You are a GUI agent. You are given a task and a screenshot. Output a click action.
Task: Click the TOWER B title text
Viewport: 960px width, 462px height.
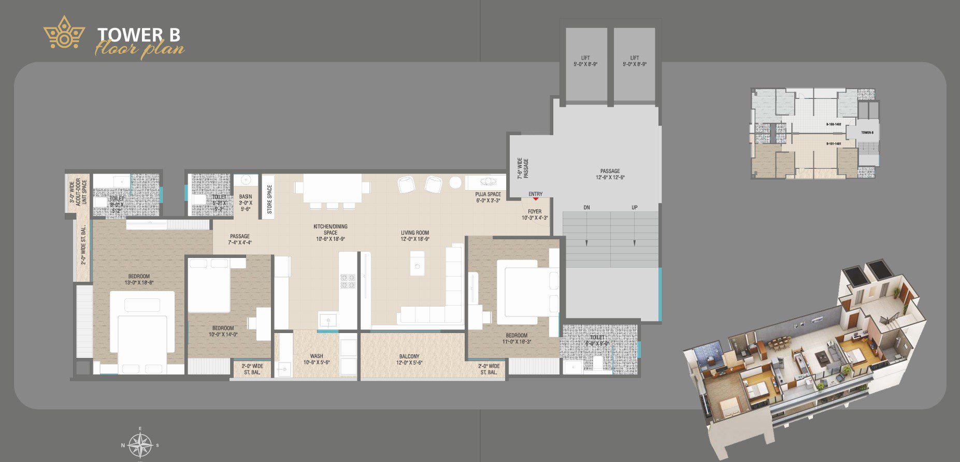pyautogui.click(x=139, y=34)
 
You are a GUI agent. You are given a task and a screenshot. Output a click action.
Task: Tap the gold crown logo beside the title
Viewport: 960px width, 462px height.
pyautogui.click(x=64, y=33)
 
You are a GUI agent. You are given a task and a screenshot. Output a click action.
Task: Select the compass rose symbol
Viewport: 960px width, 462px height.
pyautogui.click(x=140, y=444)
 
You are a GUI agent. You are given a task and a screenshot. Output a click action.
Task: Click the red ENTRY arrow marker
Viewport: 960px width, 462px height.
pyautogui.click(x=536, y=198)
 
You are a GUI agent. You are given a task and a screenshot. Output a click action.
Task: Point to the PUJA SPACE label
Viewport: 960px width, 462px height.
pyautogui.click(x=488, y=197)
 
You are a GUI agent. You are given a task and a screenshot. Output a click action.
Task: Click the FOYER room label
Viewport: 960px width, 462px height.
pyautogui.click(x=535, y=214)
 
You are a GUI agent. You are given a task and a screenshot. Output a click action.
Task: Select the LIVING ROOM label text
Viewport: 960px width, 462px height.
pyautogui.click(x=414, y=236)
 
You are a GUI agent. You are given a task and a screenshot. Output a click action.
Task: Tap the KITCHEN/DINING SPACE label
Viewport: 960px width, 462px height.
pyautogui.click(x=331, y=233)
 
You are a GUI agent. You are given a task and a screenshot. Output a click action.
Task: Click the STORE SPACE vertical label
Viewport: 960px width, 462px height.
pyautogui.click(x=269, y=199)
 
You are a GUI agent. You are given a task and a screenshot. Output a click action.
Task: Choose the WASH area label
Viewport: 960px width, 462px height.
pyautogui.click(x=317, y=359)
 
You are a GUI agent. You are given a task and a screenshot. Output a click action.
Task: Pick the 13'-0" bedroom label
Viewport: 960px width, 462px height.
pyautogui.click(x=139, y=279)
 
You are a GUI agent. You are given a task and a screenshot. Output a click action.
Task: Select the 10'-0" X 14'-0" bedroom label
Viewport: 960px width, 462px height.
pyautogui.click(x=223, y=331)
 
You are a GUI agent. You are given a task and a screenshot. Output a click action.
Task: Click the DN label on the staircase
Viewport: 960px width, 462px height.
pyautogui.click(x=586, y=208)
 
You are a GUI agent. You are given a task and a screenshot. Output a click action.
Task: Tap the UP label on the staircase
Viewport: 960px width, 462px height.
pyautogui.click(x=634, y=208)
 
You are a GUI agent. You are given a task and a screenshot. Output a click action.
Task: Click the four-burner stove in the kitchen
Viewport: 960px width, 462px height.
pyautogui.click(x=347, y=281)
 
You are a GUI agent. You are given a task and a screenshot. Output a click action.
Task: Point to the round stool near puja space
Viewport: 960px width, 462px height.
pyautogui.click(x=455, y=182)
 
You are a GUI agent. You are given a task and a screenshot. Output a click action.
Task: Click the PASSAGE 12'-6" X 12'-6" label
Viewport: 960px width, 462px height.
pyautogui.click(x=610, y=174)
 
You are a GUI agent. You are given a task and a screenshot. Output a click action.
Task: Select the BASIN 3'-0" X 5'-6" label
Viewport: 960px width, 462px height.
pyautogui.click(x=246, y=203)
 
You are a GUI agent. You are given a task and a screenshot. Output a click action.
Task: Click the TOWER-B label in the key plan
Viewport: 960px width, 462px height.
pyautogui.click(x=867, y=133)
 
